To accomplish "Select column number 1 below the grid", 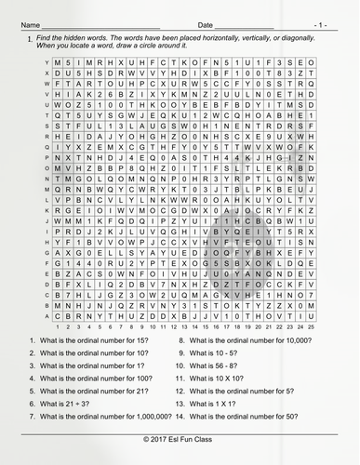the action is tap(59, 326).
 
